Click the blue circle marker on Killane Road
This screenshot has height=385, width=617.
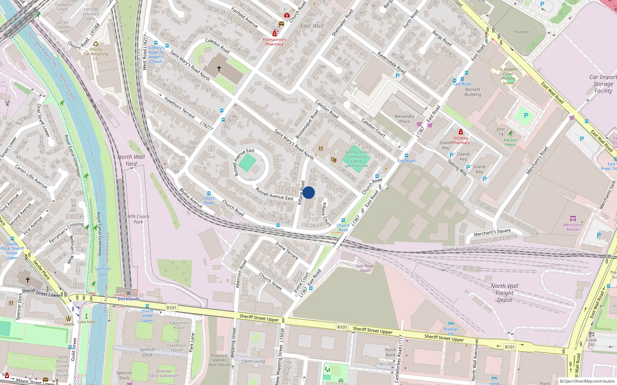click(x=308, y=192)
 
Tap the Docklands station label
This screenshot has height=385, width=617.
click(x=128, y=299)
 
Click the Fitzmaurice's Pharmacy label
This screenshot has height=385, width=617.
click(x=274, y=42)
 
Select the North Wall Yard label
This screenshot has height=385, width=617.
click(x=131, y=160)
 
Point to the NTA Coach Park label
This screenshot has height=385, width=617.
click(x=138, y=219)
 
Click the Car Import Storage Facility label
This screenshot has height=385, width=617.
click(x=603, y=84)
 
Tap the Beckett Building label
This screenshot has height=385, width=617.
click(x=472, y=92)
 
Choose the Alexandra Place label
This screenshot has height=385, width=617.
click(x=404, y=119)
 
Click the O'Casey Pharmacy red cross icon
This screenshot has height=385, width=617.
click(x=460, y=132)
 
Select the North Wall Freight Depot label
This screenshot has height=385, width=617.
click(x=504, y=293)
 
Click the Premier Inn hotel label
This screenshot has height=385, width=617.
click(x=451, y=331)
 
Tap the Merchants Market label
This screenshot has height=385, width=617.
click(x=573, y=227)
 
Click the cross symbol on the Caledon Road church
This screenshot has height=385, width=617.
click(x=219, y=69)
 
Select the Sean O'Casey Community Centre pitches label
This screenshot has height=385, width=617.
click(x=356, y=159)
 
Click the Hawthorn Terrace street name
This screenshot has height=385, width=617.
click(x=180, y=107)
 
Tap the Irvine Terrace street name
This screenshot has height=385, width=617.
click(x=287, y=250)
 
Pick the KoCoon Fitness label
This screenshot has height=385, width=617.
click(x=510, y=142)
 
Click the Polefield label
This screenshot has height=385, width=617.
click(x=521, y=32)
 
